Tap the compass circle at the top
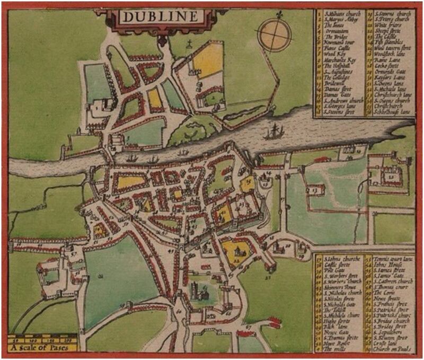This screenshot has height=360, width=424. (274, 33)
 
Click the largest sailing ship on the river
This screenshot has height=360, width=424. (275, 130)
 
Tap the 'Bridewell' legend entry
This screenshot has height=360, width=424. (334, 83)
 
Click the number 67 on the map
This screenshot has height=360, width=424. (249, 327)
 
